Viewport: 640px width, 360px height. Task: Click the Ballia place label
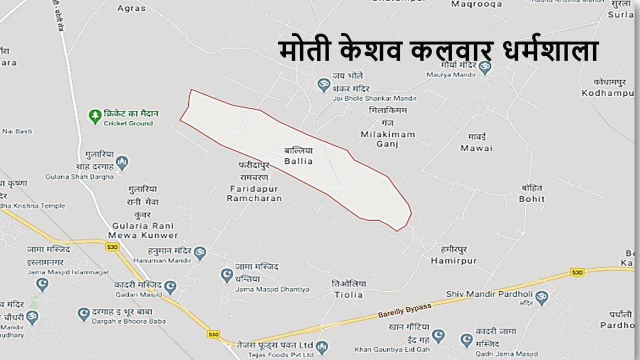point(298,156)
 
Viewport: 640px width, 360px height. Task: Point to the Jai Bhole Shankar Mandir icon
point(324,84)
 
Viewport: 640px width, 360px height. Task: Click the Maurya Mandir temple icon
point(484,68)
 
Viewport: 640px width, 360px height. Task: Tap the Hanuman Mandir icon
point(199,252)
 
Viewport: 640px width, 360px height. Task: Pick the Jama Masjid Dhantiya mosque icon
point(227,274)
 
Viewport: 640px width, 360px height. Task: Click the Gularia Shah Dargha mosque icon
point(122,162)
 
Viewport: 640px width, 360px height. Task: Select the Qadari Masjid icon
point(170,287)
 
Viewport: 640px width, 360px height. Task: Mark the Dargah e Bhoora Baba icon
point(83,314)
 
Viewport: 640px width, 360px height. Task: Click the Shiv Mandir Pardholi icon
point(541,298)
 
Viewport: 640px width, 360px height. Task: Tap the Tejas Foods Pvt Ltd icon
point(322,347)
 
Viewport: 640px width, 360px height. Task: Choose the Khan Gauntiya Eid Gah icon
point(438,335)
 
